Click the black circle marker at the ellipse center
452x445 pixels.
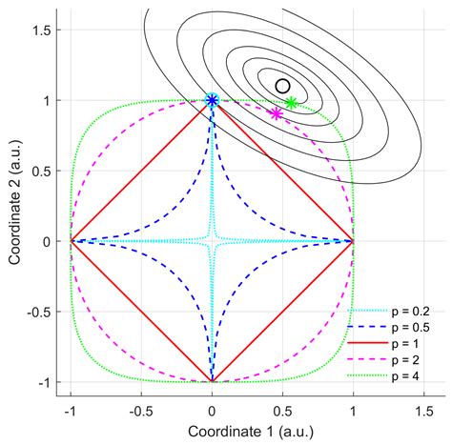click(x=282, y=86)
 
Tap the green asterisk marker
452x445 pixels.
click(x=291, y=103)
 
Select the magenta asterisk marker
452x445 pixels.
click(x=277, y=113)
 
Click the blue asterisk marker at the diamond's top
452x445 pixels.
click(x=212, y=100)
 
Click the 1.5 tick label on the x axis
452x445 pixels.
click(x=423, y=410)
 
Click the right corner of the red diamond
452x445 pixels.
click(x=353, y=241)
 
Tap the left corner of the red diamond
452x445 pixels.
click(x=71, y=241)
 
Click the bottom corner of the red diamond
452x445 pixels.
click(x=212, y=381)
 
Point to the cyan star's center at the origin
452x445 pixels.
click(x=212, y=241)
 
